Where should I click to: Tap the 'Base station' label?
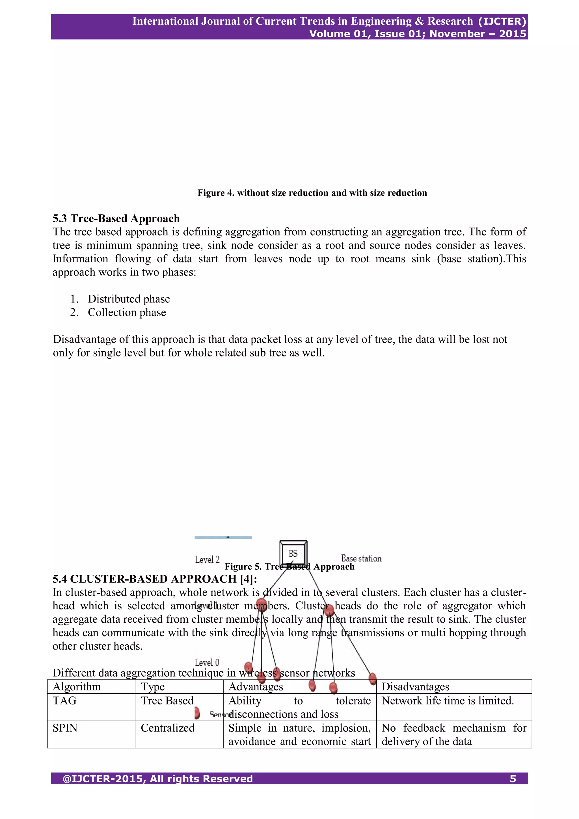[361, 558]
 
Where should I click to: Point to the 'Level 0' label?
[207, 662]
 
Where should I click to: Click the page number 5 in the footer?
[513, 779]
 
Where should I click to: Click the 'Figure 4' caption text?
[312, 193]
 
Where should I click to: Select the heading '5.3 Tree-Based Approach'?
[116, 218]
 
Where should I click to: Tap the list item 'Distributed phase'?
[129, 299]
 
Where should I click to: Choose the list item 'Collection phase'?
[127, 313]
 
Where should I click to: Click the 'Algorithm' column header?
[77, 687]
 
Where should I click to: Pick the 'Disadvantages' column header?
[415, 687]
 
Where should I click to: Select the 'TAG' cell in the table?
[64, 700]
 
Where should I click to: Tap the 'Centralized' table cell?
[168, 728]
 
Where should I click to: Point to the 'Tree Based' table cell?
[167, 700]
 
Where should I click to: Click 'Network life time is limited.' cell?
[448, 700]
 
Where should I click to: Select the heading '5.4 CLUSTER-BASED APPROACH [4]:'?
[155, 579]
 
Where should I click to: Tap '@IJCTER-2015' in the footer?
[103, 779]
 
